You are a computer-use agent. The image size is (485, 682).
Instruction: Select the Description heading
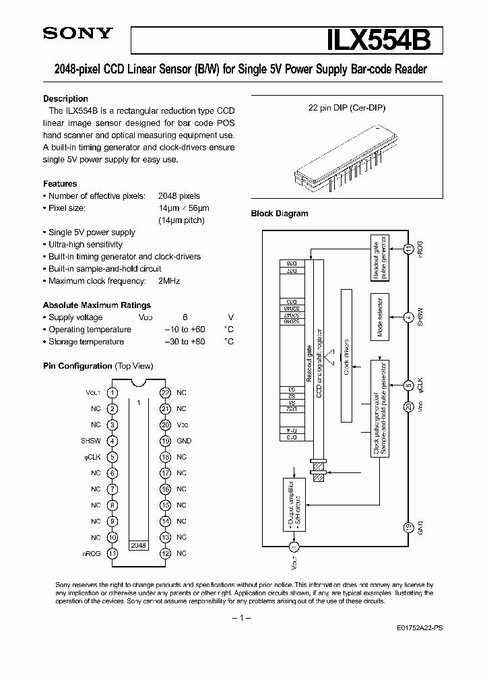pos(65,98)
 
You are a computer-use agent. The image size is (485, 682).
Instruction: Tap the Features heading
pos(60,184)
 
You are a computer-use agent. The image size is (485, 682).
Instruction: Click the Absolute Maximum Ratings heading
pos(97,305)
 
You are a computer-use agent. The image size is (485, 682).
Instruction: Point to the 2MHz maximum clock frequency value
pos(169,281)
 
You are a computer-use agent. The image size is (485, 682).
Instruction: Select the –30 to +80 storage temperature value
pos(185,342)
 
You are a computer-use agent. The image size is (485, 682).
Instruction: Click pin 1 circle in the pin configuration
pos(112,393)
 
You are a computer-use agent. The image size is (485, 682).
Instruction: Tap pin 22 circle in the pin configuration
pos(165,393)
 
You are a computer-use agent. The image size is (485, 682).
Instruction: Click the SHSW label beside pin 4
pos(90,441)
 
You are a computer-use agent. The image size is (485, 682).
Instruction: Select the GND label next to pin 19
pos(184,441)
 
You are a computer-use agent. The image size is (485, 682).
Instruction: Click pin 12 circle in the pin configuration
pos(165,553)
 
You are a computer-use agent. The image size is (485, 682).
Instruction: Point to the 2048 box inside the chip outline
pos(138,545)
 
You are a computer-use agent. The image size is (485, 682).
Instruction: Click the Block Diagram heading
pos(280,214)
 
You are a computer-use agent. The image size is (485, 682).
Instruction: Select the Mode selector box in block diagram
pos(380,317)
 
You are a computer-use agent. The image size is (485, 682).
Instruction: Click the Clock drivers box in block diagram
pos(347,356)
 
